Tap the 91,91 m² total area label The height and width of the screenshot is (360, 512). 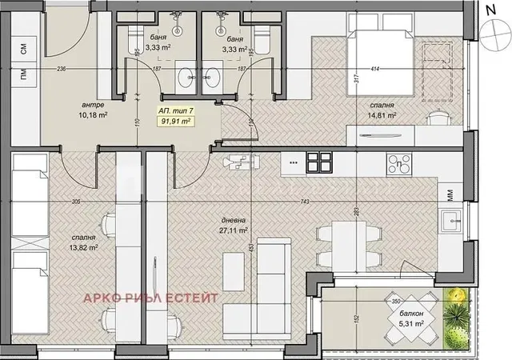tap(177, 122)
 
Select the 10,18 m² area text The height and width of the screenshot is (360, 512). tap(94, 115)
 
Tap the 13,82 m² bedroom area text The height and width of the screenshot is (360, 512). tap(82, 248)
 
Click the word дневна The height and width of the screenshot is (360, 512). tap(235, 218)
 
